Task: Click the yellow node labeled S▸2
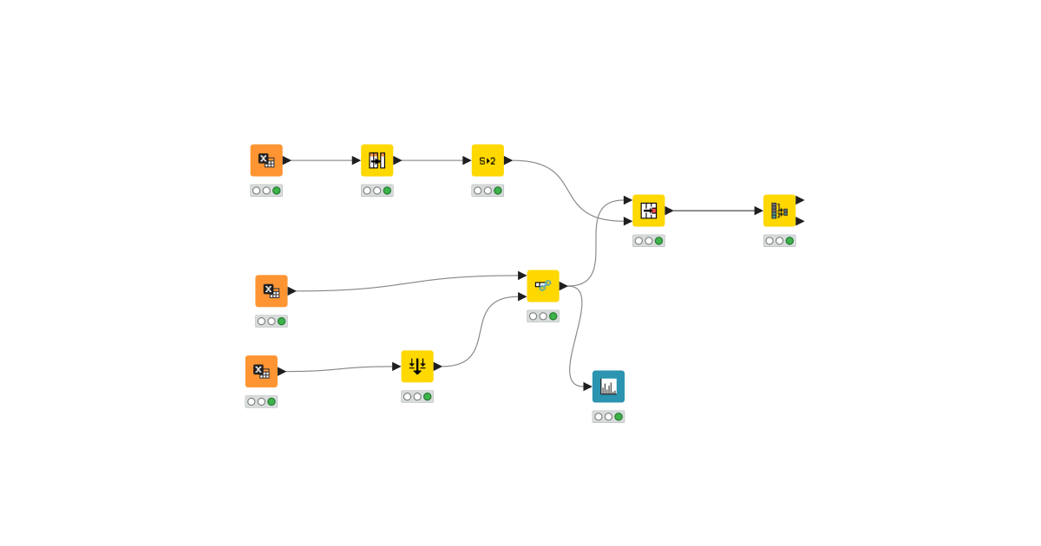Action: click(488, 160)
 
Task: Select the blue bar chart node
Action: click(608, 387)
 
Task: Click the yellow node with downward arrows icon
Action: click(417, 367)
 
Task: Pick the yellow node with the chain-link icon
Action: click(543, 286)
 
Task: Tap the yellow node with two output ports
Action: click(779, 211)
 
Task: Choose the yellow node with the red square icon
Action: click(649, 211)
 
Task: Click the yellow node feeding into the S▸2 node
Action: click(377, 160)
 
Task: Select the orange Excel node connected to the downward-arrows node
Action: click(261, 372)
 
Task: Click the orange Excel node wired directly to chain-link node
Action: click(272, 291)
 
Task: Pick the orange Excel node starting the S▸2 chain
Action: click(266, 160)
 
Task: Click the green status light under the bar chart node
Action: click(619, 417)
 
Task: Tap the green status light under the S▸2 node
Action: click(498, 191)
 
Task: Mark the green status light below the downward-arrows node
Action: click(428, 397)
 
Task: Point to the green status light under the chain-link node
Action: click(553, 316)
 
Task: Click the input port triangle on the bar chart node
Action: click(587, 387)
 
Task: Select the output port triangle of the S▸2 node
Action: click(508, 160)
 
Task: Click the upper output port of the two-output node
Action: click(800, 200)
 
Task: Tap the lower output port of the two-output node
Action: click(800, 221)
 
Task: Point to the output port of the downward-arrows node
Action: click(438, 367)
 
